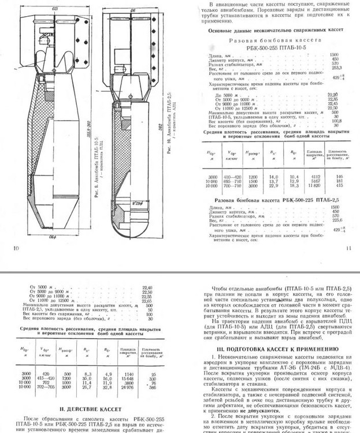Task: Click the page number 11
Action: click(x=349, y=248)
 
